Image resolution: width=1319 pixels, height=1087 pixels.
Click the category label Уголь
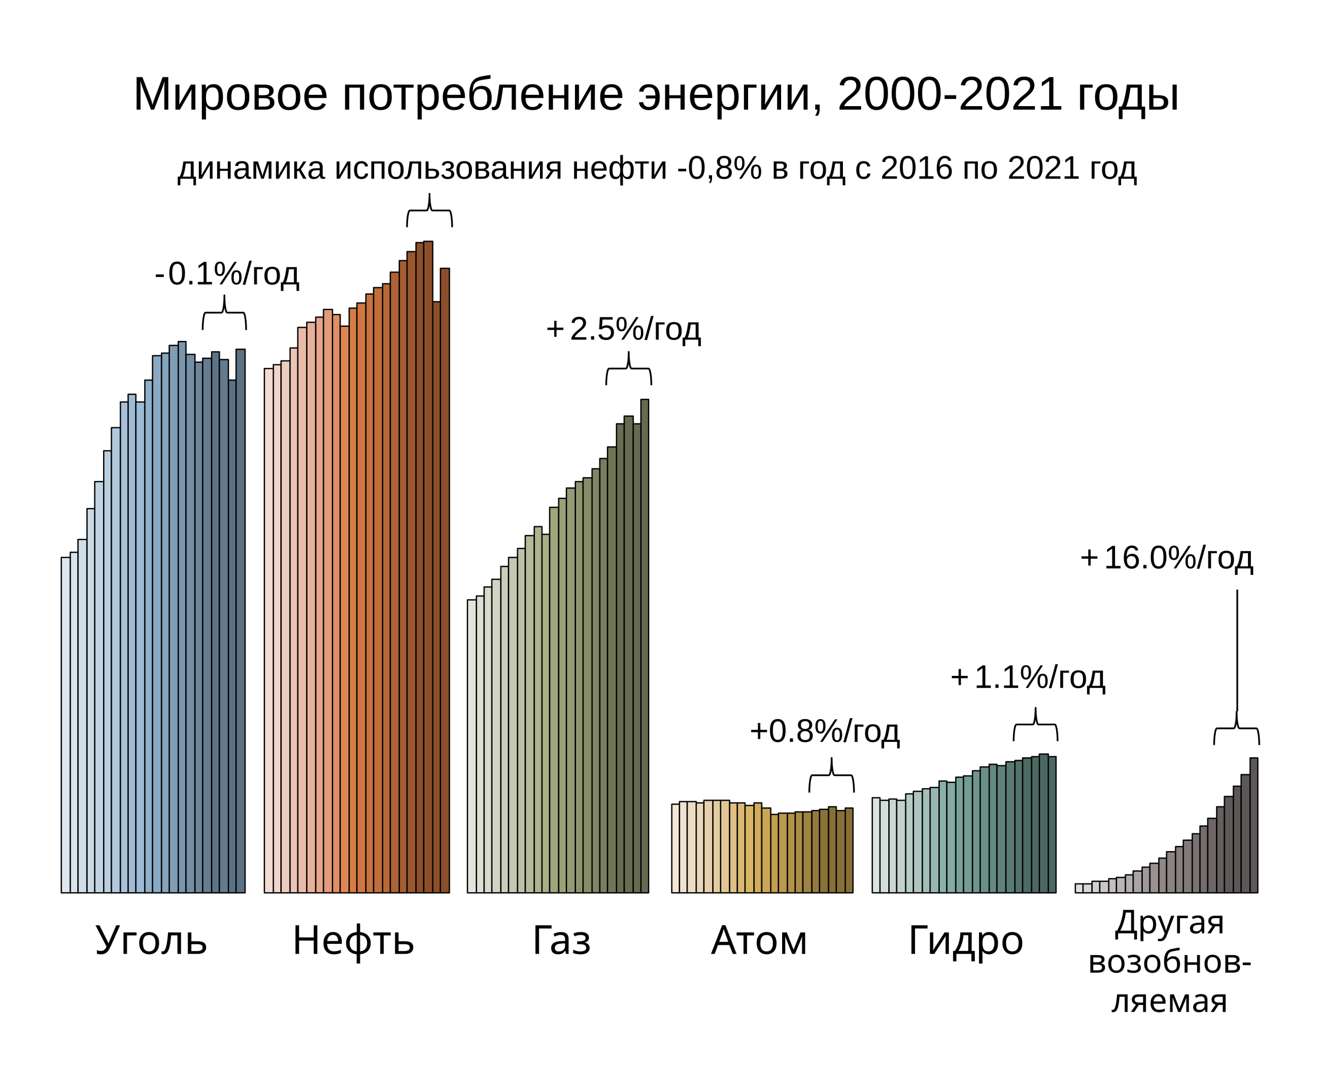click(151, 941)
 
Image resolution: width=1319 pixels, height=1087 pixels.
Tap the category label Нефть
click(353, 941)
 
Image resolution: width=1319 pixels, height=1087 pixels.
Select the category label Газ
click(561, 941)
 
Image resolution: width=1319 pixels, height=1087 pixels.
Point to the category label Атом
click(759, 941)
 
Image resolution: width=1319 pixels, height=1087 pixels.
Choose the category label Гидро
click(966, 941)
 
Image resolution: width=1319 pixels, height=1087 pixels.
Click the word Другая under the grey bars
click(1169, 923)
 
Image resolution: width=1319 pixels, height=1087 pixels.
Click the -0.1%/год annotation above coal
click(227, 274)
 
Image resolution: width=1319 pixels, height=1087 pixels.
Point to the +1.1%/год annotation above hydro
click(1028, 677)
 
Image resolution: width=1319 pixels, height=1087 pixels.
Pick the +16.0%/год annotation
click(1166, 558)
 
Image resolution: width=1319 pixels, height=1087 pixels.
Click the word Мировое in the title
click(230, 95)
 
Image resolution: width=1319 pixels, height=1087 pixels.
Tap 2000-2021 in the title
click(949, 95)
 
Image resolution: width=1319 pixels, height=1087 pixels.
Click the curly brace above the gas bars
click(628, 369)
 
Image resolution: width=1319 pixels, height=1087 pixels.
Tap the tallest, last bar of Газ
click(645, 646)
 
